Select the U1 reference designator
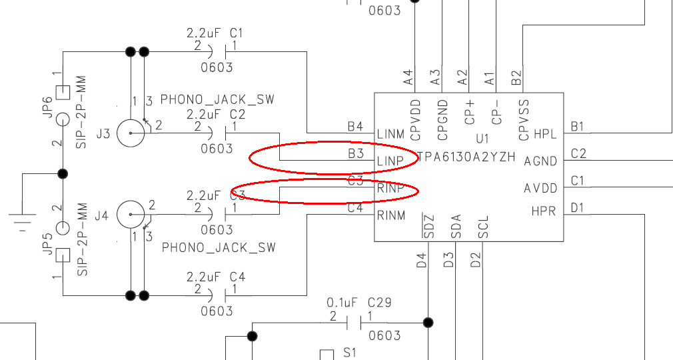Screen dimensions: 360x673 (x=482, y=139)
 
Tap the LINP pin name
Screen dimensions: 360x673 (x=390, y=161)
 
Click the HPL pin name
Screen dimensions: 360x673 (x=544, y=134)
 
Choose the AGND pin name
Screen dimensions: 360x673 (x=540, y=161)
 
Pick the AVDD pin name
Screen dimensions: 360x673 (x=540, y=189)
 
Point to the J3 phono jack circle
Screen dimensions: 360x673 (x=131, y=133)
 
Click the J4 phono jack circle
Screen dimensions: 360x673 (x=131, y=214)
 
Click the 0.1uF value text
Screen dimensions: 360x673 (x=342, y=303)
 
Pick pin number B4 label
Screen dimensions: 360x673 (x=355, y=126)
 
